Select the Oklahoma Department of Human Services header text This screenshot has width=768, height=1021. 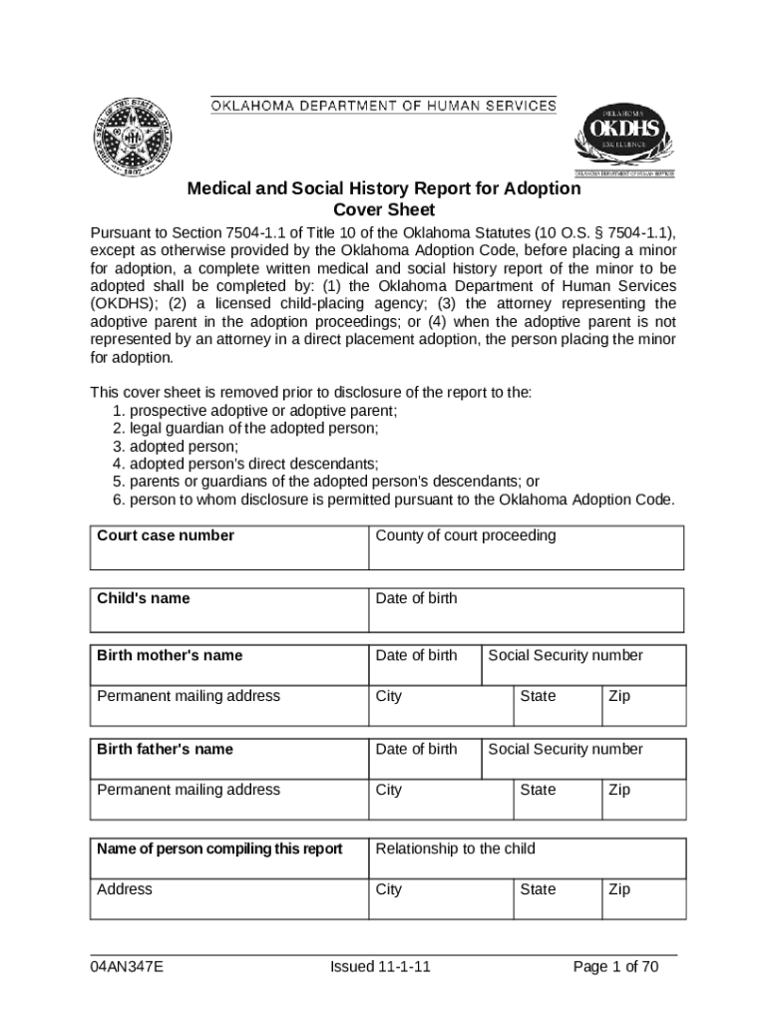pos(383,106)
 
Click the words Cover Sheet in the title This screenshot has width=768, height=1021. pos(384,210)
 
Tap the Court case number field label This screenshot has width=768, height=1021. pos(166,535)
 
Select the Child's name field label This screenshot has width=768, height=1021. pos(143,598)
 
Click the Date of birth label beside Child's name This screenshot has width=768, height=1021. pos(416,598)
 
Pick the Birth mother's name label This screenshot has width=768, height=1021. pos(170,655)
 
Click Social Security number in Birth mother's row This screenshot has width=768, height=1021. pos(565,655)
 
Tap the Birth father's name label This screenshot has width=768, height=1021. pos(165,749)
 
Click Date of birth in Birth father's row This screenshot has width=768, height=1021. pos(416,749)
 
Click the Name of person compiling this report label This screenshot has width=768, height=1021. pos(219,849)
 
